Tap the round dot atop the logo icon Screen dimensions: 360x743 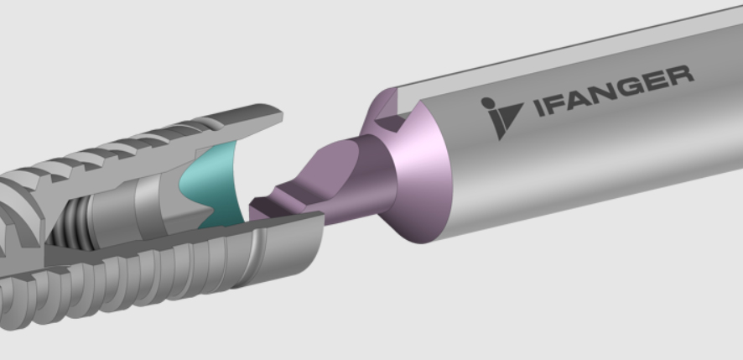487,102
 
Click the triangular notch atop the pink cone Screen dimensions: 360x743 389,123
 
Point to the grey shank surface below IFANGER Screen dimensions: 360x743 587,168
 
